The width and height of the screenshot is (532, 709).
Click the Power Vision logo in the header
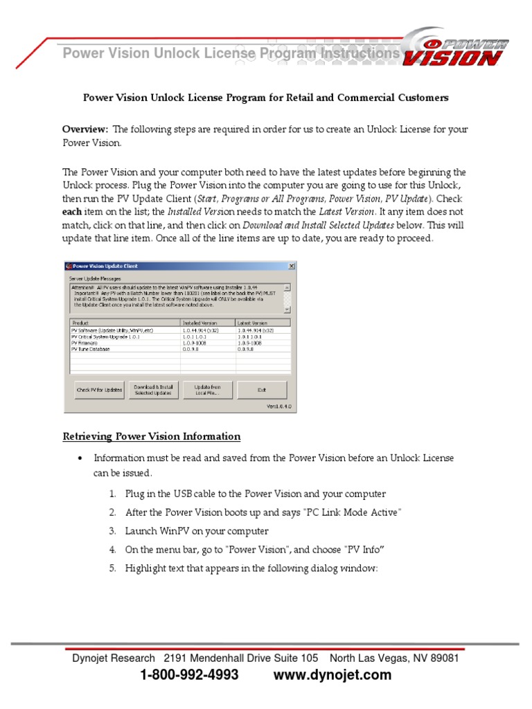coord(456,49)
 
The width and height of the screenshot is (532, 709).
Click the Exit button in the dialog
coord(262,390)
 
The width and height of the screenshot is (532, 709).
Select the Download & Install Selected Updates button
coord(153,390)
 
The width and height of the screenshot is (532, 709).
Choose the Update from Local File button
coord(207,390)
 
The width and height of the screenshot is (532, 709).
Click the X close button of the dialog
coord(291,266)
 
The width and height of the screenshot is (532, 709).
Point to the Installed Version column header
coord(199,323)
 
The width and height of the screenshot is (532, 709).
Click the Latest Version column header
coord(252,323)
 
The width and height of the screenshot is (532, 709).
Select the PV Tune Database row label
coord(91,350)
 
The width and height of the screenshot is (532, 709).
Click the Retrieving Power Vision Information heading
coord(152,437)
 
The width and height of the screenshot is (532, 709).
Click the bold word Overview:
coord(85,129)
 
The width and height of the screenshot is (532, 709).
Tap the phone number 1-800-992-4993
coord(189,675)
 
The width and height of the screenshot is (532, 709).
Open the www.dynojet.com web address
coord(332,675)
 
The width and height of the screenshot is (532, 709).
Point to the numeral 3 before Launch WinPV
coord(112,531)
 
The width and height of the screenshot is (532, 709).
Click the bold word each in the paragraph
coord(73,211)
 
